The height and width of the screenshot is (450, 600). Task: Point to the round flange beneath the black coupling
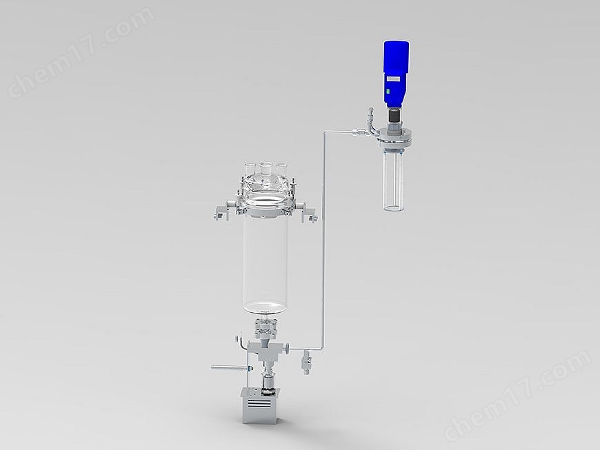click(x=395, y=141)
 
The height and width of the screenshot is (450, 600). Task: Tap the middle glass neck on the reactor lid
click(x=265, y=168)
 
